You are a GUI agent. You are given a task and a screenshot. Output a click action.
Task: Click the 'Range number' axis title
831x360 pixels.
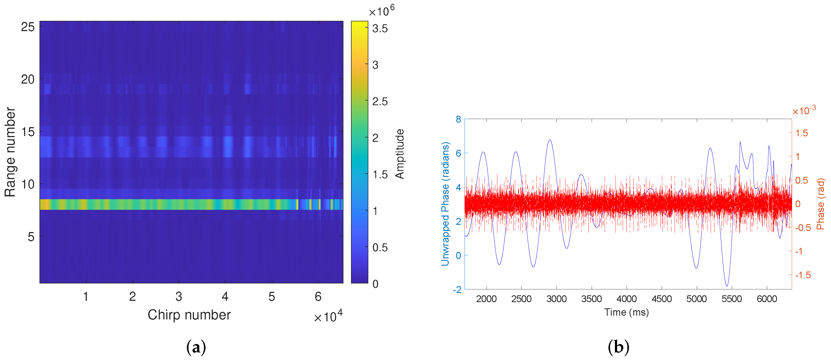pos(10,152)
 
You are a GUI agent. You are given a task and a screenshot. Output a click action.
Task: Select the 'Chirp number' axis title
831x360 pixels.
pos(189,315)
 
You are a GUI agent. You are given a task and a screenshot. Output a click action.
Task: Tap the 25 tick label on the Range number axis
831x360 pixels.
pos(28,27)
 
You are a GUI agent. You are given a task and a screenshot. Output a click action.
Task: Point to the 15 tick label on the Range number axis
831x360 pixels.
pos(28,132)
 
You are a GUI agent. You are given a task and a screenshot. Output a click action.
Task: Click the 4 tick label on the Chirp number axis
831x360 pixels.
pos(225,296)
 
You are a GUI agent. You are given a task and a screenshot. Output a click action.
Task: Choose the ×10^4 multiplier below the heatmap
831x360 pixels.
pos(328,316)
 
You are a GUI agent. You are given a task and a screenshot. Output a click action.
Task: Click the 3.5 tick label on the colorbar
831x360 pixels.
pos(380,29)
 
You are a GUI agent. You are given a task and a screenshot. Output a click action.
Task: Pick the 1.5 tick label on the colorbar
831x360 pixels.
pos(380,174)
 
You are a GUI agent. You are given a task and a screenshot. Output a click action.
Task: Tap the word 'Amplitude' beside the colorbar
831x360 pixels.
pos(400,154)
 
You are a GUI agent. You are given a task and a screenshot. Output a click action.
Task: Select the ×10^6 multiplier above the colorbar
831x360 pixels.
pos(381,11)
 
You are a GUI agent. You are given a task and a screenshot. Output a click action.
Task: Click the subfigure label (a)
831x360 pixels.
pos(196,347)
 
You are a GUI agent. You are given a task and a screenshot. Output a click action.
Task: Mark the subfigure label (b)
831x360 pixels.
pos(618,347)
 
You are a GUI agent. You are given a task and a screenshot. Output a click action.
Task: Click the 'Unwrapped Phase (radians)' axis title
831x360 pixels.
pos(445,204)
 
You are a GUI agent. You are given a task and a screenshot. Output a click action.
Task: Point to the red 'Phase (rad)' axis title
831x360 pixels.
pos(820,204)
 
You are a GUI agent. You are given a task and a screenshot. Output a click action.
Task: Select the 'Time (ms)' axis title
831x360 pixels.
pos(627,312)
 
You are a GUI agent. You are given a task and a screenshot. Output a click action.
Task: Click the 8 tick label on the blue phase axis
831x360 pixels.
pos(458,119)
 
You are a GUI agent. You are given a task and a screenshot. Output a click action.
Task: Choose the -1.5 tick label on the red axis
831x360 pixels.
pos(803,275)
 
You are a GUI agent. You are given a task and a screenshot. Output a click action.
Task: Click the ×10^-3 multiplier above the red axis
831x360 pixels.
pos(804,111)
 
